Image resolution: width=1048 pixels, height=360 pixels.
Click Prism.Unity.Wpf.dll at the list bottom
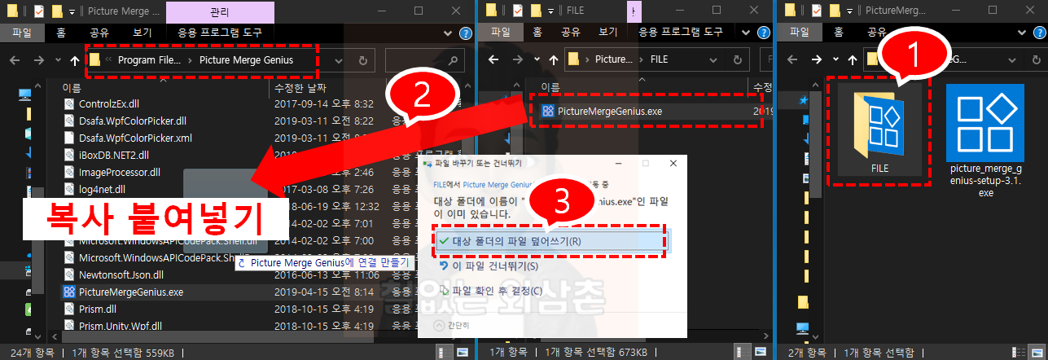click(121, 326)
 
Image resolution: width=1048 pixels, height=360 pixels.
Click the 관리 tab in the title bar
click(219, 11)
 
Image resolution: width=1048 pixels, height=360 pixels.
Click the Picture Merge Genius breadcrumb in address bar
click(257, 60)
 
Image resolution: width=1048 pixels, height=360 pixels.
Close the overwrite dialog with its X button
click(673, 164)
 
